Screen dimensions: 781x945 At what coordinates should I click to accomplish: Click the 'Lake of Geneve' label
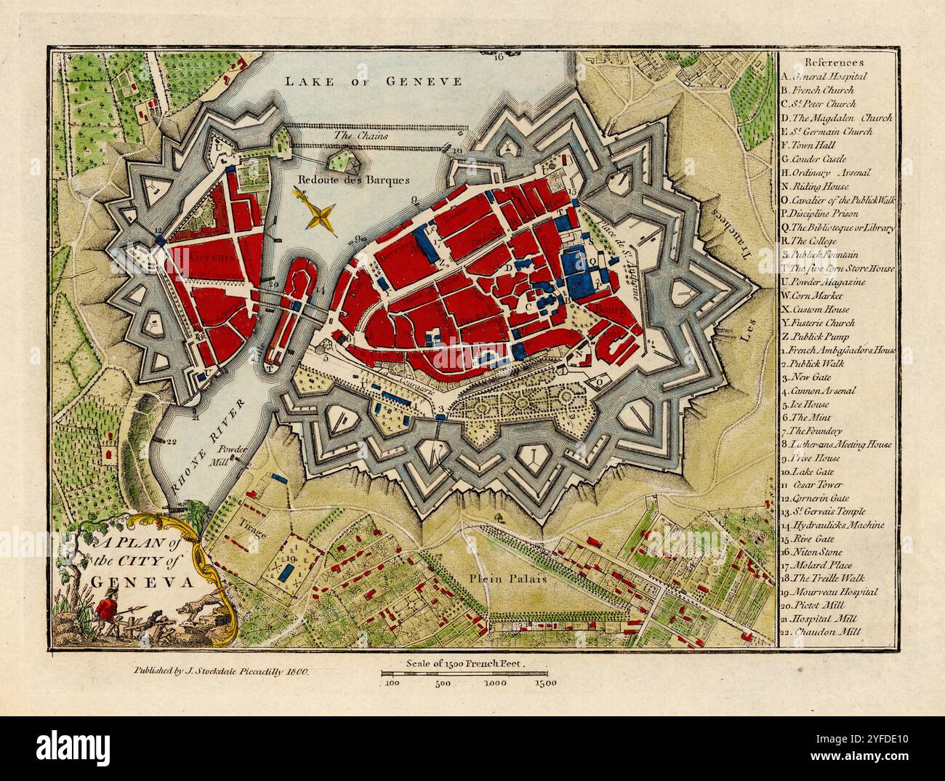[373, 81]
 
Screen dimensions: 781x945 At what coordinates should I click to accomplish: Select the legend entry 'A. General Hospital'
[824, 76]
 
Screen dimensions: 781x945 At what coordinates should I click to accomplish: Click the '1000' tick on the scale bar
[497, 683]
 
